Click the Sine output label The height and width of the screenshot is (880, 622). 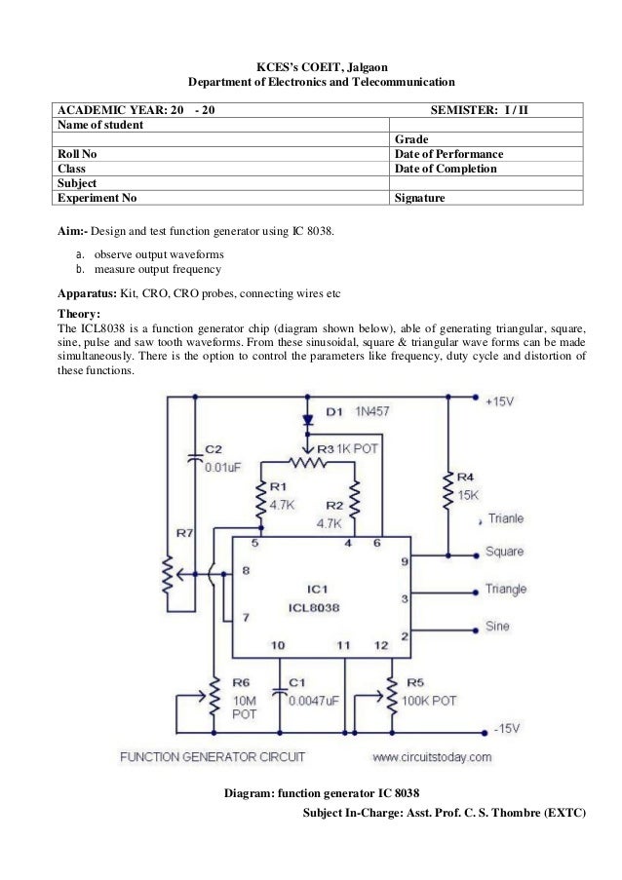click(x=497, y=627)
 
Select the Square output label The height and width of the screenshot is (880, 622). click(x=504, y=552)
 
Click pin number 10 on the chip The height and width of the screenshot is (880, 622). click(x=278, y=645)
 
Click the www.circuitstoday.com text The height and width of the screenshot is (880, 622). click(x=432, y=756)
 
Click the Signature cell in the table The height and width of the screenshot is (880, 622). click(x=420, y=198)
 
